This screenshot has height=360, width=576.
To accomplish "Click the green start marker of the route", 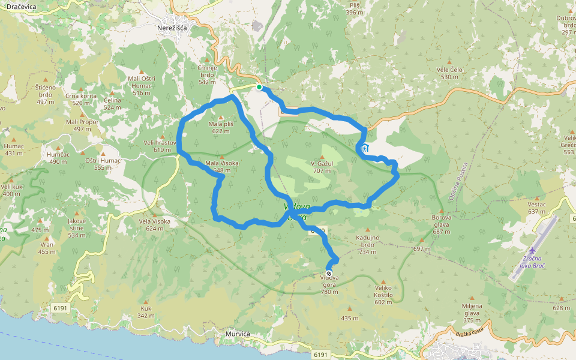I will click(259, 88).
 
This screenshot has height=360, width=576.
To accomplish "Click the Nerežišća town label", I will click(172, 28).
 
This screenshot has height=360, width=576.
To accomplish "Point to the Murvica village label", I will click(238, 334).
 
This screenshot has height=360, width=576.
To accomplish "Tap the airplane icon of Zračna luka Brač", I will click(533, 250).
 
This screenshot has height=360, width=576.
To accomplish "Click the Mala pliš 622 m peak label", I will click(221, 127).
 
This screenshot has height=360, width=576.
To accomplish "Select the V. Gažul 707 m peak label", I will click(322, 167).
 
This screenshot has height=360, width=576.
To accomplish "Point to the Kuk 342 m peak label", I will click(146, 312).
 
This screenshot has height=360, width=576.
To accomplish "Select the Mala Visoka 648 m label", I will click(222, 167).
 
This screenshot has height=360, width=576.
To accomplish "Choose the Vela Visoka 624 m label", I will click(154, 224).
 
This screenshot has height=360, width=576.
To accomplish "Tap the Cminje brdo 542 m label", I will click(207, 74).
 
